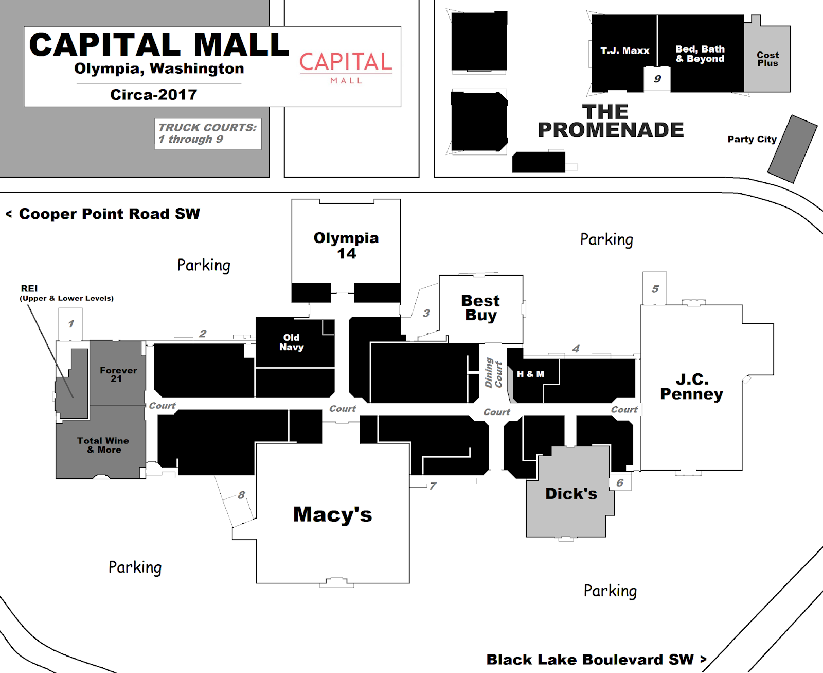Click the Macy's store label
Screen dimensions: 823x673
pos(332,514)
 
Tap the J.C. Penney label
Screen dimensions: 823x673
pos(691,387)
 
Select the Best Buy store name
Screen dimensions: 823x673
pos(480,307)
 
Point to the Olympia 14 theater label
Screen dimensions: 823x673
pos(346,246)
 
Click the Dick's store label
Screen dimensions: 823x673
pos(571,494)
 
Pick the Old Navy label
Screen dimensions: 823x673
pos(291,342)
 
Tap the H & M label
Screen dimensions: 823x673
pos(530,374)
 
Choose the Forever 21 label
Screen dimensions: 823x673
pos(118,374)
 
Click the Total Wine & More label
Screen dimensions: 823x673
pos(103,445)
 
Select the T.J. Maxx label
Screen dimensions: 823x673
pos(624,51)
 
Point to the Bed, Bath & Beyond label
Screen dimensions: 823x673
pos(700,54)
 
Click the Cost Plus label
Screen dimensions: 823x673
pos(767,59)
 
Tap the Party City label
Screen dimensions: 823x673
pos(752,139)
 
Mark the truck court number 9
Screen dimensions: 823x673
pos(657,79)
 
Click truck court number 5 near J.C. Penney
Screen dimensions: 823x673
pos(655,289)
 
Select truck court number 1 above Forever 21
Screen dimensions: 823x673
pos(71,324)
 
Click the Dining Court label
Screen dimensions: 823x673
pos(493,372)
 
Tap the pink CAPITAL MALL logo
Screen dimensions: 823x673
pos(346,67)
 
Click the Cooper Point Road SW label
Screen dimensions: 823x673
pos(109,214)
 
